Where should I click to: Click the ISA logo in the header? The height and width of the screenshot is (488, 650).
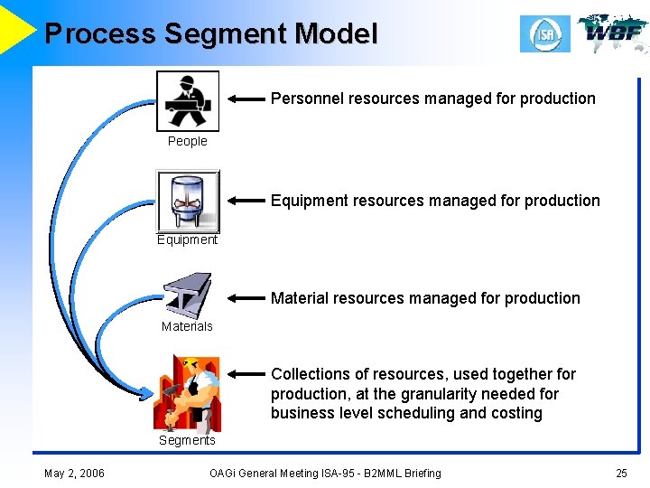tap(544, 34)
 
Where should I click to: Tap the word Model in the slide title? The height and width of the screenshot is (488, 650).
tap(337, 34)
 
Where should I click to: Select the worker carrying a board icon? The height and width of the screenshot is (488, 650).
tap(188, 101)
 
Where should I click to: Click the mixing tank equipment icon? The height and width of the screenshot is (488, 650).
tap(188, 201)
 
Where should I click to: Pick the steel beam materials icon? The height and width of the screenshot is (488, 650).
tap(187, 296)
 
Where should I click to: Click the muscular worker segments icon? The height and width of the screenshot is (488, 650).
tap(187, 391)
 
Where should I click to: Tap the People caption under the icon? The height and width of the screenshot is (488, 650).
tap(188, 141)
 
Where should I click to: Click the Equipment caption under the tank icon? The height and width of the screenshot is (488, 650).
tap(187, 239)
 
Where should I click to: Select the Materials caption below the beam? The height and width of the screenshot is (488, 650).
tap(187, 326)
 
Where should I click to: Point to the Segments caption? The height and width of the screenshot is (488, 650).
tap(187, 440)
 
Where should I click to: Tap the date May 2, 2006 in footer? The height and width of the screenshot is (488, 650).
tap(74, 474)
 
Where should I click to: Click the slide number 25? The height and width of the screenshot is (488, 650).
tap(621, 474)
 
